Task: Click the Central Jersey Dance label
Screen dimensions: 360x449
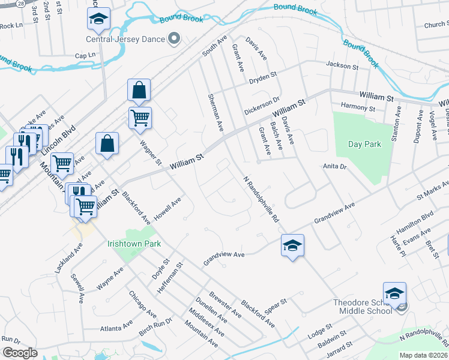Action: (125, 41)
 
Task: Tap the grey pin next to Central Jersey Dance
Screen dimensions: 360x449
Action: (175, 40)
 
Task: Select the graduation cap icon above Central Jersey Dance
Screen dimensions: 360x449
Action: (98, 19)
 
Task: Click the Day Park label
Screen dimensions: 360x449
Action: (364, 145)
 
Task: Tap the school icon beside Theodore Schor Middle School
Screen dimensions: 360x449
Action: (394, 294)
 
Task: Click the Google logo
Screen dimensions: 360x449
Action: (19, 353)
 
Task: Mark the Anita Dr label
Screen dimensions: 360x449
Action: (335, 167)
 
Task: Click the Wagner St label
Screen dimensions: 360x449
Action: (150, 153)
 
